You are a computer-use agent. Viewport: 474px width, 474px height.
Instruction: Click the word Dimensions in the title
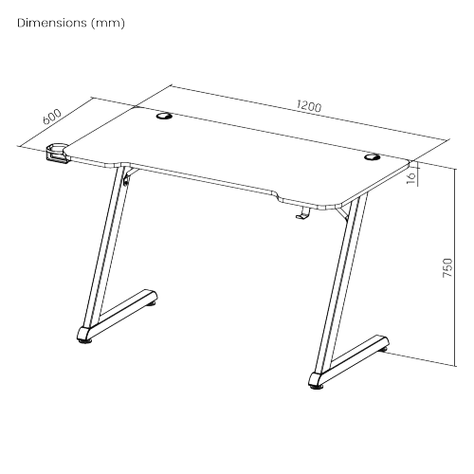pos(52,23)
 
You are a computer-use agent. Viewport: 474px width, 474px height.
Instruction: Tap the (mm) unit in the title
pos(108,23)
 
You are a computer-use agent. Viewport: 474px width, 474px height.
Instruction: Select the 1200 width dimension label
pos(309,105)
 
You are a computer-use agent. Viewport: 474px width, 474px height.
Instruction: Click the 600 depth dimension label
pos(52,117)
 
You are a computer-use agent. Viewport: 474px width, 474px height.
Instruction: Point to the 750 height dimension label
pos(447,268)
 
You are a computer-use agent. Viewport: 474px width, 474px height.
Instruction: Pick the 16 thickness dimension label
pos(411,178)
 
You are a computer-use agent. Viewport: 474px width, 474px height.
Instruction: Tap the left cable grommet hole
pos(164,117)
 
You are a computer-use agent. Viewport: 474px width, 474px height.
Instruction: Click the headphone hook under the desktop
pos(303,212)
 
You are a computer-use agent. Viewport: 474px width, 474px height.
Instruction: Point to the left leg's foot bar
pos(118,315)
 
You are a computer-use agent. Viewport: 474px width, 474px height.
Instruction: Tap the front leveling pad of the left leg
pos(84,341)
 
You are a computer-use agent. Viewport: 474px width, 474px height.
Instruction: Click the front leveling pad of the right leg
pos(317,387)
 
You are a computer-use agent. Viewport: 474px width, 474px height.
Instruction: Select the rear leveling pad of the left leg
pos(152,304)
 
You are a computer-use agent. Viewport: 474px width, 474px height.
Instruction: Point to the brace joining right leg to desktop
pos(342,212)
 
